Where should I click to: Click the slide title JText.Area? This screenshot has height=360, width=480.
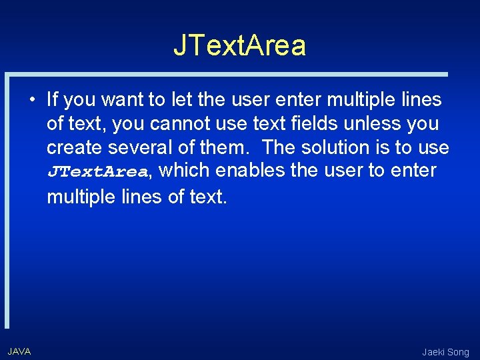(x=240, y=45)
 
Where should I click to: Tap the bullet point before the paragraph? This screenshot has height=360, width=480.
(x=32, y=101)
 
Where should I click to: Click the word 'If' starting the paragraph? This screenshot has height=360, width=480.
(x=53, y=100)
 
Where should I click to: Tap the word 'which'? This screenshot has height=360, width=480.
(x=185, y=171)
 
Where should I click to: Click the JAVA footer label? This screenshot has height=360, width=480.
(x=19, y=351)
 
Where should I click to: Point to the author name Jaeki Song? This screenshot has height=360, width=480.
(x=445, y=352)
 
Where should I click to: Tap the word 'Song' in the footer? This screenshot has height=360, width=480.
(x=458, y=352)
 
